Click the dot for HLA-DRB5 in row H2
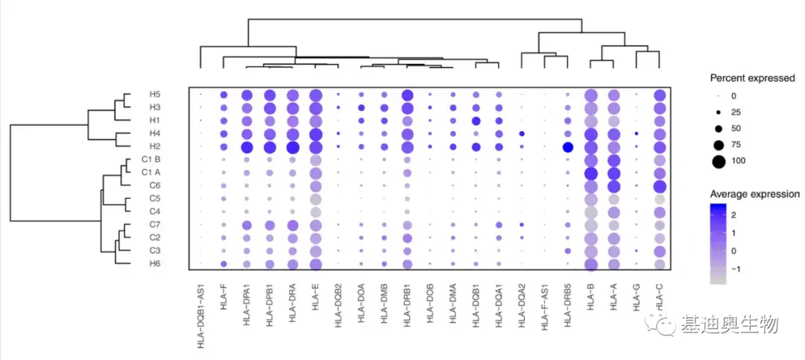pyautogui.click(x=568, y=147)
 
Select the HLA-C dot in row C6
pyautogui.click(x=660, y=186)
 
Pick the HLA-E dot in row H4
pyautogui.click(x=315, y=134)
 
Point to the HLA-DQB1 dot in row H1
pyautogui.click(x=476, y=121)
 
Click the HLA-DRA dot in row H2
pyautogui.click(x=292, y=147)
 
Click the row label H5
pyautogui.click(x=155, y=95)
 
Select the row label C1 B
pyautogui.click(x=151, y=160)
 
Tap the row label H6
pyautogui.click(x=155, y=263)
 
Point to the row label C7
pyautogui.click(x=155, y=224)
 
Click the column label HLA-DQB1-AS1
pyautogui.click(x=201, y=317)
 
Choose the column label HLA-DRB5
pyautogui.click(x=569, y=307)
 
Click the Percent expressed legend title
pyautogui.click(x=751, y=78)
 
